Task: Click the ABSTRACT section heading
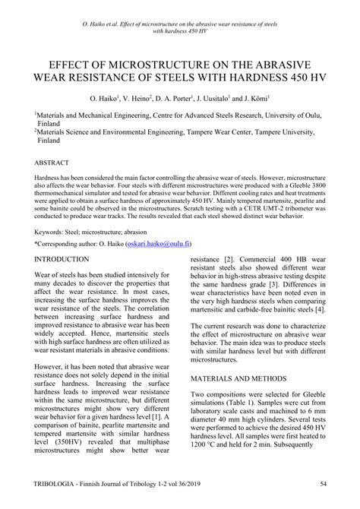(x=52, y=163)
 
